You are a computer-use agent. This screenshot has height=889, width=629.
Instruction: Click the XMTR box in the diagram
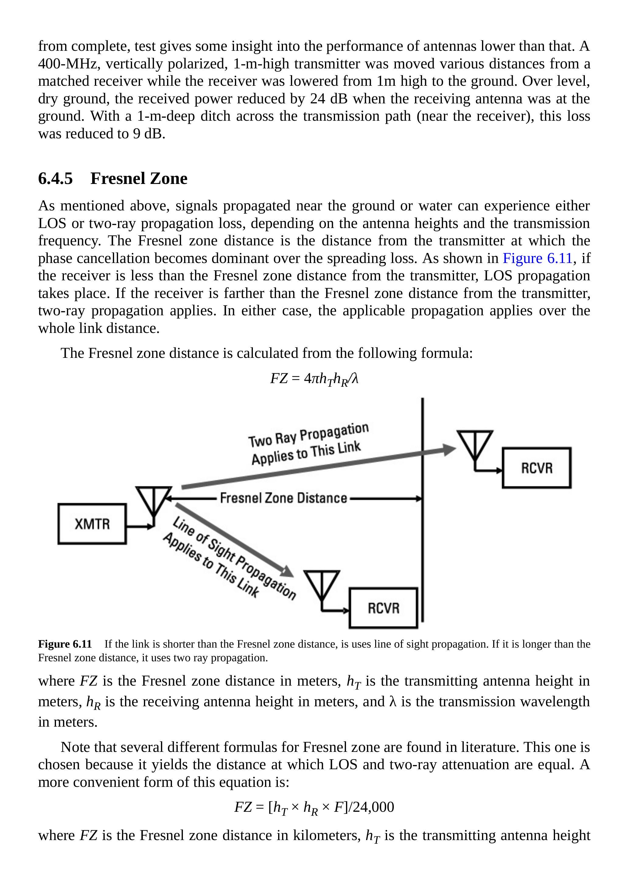(92, 524)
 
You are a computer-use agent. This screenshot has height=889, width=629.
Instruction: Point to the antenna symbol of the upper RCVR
(475, 445)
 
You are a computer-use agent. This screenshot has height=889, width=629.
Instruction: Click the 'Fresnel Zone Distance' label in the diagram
(283, 498)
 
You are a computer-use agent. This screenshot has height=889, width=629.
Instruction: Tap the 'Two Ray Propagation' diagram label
(309, 435)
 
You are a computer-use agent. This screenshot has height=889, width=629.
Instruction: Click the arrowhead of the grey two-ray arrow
(449, 450)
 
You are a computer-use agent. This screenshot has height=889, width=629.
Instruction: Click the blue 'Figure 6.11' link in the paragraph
(537, 258)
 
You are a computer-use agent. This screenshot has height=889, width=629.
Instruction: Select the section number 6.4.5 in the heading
(55, 178)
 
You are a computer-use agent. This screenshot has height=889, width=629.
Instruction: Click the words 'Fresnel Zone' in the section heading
(139, 178)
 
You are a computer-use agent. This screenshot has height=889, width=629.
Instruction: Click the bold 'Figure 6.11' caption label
(65, 644)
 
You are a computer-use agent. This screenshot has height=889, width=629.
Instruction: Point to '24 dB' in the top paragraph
(329, 99)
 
